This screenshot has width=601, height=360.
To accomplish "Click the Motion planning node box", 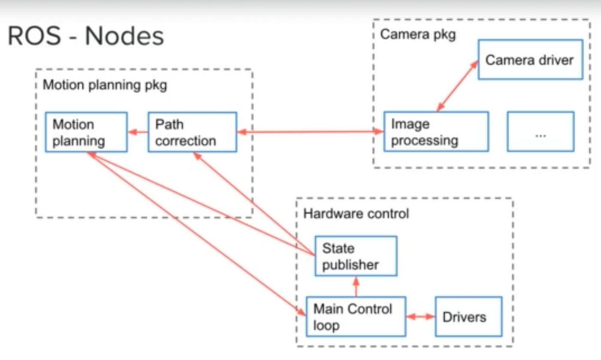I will pyautogui.click(x=86, y=132).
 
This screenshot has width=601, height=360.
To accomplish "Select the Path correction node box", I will pyautogui.click(x=192, y=132).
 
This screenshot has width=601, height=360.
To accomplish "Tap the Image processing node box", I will pyautogui.click(x=436, y=132).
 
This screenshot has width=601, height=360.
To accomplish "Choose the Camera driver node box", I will pyautogui.click(x=530, y=60).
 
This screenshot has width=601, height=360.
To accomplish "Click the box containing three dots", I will pyautogui.click(x=540, y=132).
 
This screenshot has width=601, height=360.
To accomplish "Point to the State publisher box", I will pyautogui.click(x=355, y=256).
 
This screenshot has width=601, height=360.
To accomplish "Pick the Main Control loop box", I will pyautogui.click(x=356, y=317).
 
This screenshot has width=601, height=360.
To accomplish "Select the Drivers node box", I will pyautogui.click(x=468, y=317).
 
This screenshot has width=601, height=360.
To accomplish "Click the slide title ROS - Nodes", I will pyautogui.click(x=86, y=36).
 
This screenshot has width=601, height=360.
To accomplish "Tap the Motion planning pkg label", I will pyautogui.click(x=105, y=85).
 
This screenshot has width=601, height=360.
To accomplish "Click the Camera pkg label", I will pyautogui.click(x=418, y=35).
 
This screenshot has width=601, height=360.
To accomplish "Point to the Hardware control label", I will pyautogui.click(x=356, y=213).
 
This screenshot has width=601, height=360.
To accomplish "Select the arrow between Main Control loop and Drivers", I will pyautogui.click(x=420, y=317).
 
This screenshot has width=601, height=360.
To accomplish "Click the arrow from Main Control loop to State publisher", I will pyautogui.click(x=356, y=286).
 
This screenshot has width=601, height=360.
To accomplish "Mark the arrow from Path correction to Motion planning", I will pyautogui.click(x=138, y=132).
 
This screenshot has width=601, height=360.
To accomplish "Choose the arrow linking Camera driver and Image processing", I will pyautogui.click(x=458, y=86).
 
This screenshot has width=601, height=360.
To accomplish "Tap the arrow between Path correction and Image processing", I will pyautogui.click(x=310, y=132).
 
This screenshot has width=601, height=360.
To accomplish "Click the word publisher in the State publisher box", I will pyautogui.click(x=350, y=265).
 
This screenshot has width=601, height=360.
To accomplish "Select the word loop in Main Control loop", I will pyautogui.click(x=326, y=325).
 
